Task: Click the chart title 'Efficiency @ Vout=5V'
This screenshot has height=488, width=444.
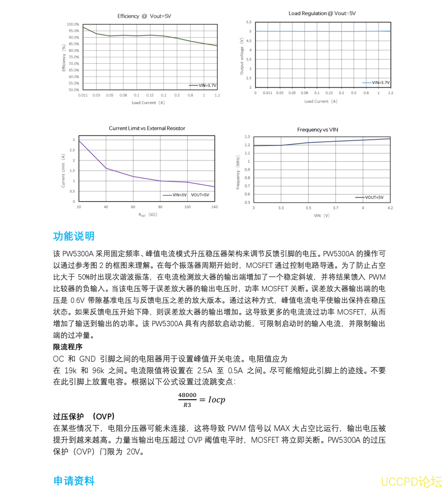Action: pos(144,16)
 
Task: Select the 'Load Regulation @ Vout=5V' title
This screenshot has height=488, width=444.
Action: pos(322,13)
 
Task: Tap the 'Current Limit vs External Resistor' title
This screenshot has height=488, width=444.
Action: pos(147,128)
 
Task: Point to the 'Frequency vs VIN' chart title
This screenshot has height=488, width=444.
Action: pos(318,130)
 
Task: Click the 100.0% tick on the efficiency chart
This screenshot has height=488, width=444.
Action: pos(73,24)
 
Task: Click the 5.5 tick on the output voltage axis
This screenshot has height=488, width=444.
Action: pos(249,22)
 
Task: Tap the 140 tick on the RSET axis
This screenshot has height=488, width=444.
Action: pos(215,207)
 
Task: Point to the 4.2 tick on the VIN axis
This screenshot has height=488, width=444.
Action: pos(390,208)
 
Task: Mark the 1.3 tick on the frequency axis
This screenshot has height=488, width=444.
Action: pos(247,136)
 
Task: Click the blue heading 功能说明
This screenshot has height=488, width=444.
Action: pos(74,236)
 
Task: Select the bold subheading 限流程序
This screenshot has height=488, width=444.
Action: pos(68,347)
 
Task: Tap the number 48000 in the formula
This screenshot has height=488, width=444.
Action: pos(187,395)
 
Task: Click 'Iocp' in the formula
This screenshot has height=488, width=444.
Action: pos(217,400)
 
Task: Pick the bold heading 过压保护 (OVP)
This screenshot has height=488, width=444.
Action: pos(84,416)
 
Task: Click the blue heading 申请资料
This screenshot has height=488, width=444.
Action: pos(74,481)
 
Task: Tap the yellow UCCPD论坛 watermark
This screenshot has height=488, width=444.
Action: pos(411,481)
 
